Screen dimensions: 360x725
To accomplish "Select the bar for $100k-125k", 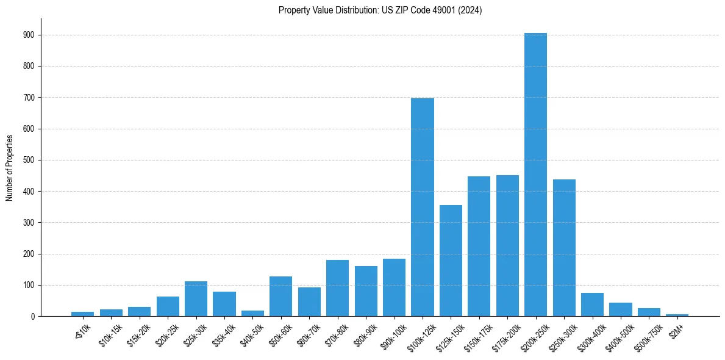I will pos(423,207).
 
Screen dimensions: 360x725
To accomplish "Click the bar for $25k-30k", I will pos(196,299).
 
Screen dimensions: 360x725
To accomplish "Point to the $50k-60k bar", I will pos(280,297).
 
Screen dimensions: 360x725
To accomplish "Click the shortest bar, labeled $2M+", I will pos(677,315).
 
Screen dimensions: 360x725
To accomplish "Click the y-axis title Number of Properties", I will pos(9,168).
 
